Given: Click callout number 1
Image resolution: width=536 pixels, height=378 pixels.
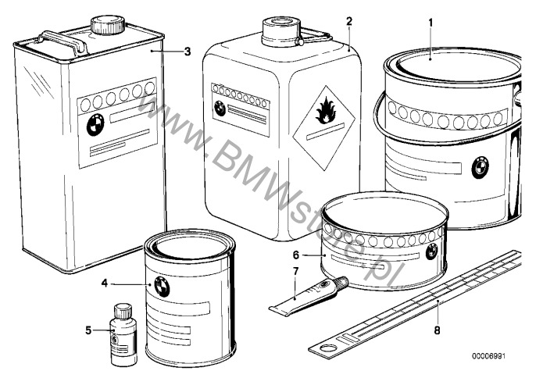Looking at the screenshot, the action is click(431, 23).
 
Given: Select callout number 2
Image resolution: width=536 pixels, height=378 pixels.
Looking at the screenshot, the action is click(348, 22).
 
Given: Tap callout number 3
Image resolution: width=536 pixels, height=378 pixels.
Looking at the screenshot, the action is click(188, 52).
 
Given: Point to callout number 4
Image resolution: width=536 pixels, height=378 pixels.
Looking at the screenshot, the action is click(105, 283).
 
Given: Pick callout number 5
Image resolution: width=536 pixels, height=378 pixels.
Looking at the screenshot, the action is click(88, 330).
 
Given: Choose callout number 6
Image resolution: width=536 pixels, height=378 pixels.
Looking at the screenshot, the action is click(296, 255).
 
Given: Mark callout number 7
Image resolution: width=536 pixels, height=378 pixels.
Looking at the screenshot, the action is click(295, 272).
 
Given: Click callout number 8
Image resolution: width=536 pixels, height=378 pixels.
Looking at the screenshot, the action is click(437, 330).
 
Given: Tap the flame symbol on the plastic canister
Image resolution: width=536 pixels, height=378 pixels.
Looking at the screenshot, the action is click(323, 110).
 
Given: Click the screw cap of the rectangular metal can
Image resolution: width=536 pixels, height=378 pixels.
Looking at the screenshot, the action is click(107, 24).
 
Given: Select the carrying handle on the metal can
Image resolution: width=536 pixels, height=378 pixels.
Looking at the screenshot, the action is click(62, 41).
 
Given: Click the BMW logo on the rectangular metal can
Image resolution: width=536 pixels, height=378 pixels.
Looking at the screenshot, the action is click(95, 124).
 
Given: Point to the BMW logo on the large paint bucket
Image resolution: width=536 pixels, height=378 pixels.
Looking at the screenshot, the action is click(480, 167).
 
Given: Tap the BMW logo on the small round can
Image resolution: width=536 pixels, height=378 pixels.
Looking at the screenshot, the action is click(161, 287).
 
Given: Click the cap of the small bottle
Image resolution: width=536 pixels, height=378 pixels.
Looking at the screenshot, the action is click(123, 311).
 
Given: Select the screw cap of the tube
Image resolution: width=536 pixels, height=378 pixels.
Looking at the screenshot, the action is click(342, 282).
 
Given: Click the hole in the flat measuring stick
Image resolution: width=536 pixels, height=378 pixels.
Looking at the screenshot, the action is click(330, 348).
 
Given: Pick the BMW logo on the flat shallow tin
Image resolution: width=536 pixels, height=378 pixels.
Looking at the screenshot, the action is click(432, 252).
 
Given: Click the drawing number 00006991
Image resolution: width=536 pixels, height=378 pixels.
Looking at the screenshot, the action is click(488, 356).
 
